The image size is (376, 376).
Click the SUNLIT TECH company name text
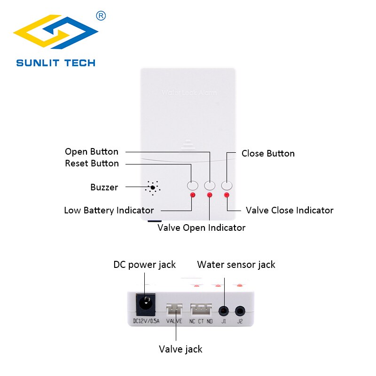[55, 63]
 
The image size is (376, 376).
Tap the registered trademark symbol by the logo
[101, 16]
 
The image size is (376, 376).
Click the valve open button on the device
[210, 185]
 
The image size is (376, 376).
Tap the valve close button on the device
[227, 185]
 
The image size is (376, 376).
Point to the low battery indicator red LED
[192, 195]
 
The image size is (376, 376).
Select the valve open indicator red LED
[210, 195]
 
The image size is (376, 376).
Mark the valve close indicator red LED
[227, 195]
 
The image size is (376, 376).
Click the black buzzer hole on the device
[153, 188]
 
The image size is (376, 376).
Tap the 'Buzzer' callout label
[104, 188]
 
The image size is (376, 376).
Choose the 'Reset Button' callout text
[92, 164]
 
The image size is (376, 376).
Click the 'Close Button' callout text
[268, 154]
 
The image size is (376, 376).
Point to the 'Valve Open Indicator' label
[201, 228]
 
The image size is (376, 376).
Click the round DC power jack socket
[145, 305]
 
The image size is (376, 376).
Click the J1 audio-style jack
[224, 310]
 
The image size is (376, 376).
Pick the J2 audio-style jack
[241, 310]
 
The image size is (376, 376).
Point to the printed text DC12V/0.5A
[145, 322]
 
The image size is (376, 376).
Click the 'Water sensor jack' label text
[236, 265]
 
